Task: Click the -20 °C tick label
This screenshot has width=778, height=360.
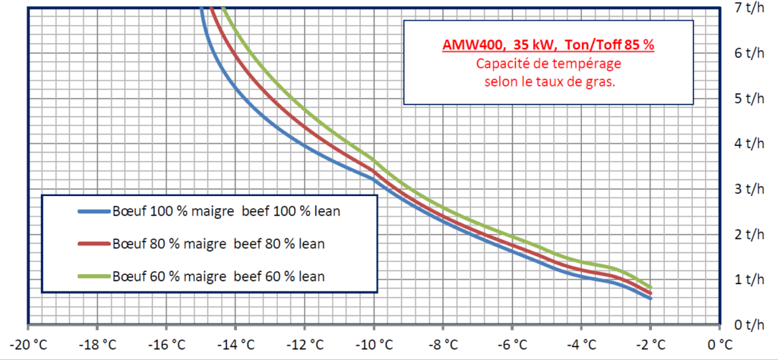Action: pyautogui.click(x=28, y=343)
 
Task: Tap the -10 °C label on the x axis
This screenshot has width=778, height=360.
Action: pyautogui.click(x=374, y=343)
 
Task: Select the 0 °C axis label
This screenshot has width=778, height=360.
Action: pyautogui.click(x=719, y=343)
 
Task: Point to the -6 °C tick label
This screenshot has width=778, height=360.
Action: pyautogui.click(x=512, y=343)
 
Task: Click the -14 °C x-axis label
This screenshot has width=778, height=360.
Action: pyautogui.click(x=236, y=343)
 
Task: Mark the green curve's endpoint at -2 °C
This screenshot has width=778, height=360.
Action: pyautogui.click(x=650, y=287)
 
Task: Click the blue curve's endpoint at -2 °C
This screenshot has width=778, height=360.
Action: pyautogui.click(x=650, y=298)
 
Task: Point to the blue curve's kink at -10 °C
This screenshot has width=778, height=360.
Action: pyautogui.click(x=374, y=178)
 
